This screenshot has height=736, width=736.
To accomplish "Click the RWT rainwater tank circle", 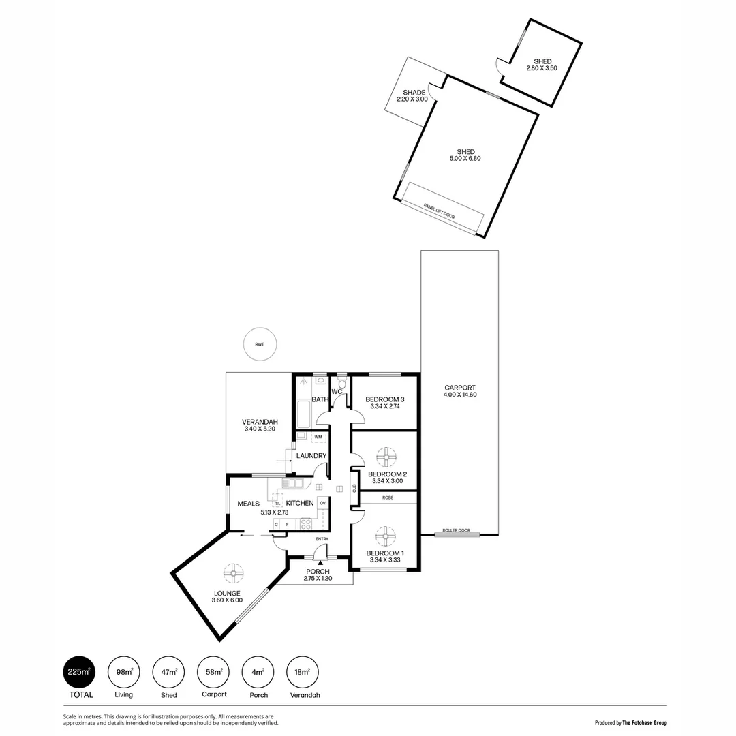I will pyautogui.click(x=259, y=344).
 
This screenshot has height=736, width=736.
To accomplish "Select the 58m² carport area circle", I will pyautogui.click(x=213, y=672).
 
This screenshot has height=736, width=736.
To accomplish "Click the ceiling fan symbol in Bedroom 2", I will pyautogui.click(x=386, y=457).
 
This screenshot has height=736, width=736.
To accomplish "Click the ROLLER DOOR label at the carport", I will pyautogui.click(x=456, y=530).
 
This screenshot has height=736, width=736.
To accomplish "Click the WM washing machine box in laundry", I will pyautogui.click(x=318, y=437).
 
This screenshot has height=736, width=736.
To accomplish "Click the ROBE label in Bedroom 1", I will pyautogui.click(x=387, y=497).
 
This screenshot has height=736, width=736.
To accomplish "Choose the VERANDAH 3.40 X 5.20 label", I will pyautogui.click(x=259, y=425).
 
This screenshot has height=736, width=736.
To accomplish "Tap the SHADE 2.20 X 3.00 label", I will pyautogui.click(x=414, y=96).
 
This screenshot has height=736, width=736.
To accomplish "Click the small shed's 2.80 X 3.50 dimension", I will pyautogui.click(x=542, y=68).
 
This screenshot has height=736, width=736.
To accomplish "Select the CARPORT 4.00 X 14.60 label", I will pyautogui.click(x=459, y=391).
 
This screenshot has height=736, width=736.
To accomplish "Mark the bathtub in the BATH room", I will pyautogui.click(x=303, y=414).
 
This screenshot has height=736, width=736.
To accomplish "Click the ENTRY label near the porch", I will pyautogui.click(x=322, y=539).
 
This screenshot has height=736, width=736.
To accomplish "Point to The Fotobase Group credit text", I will pyautogui.click(x=644, y=723).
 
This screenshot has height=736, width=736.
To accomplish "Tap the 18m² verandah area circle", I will pyautogui.click(x=303, y=672).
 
